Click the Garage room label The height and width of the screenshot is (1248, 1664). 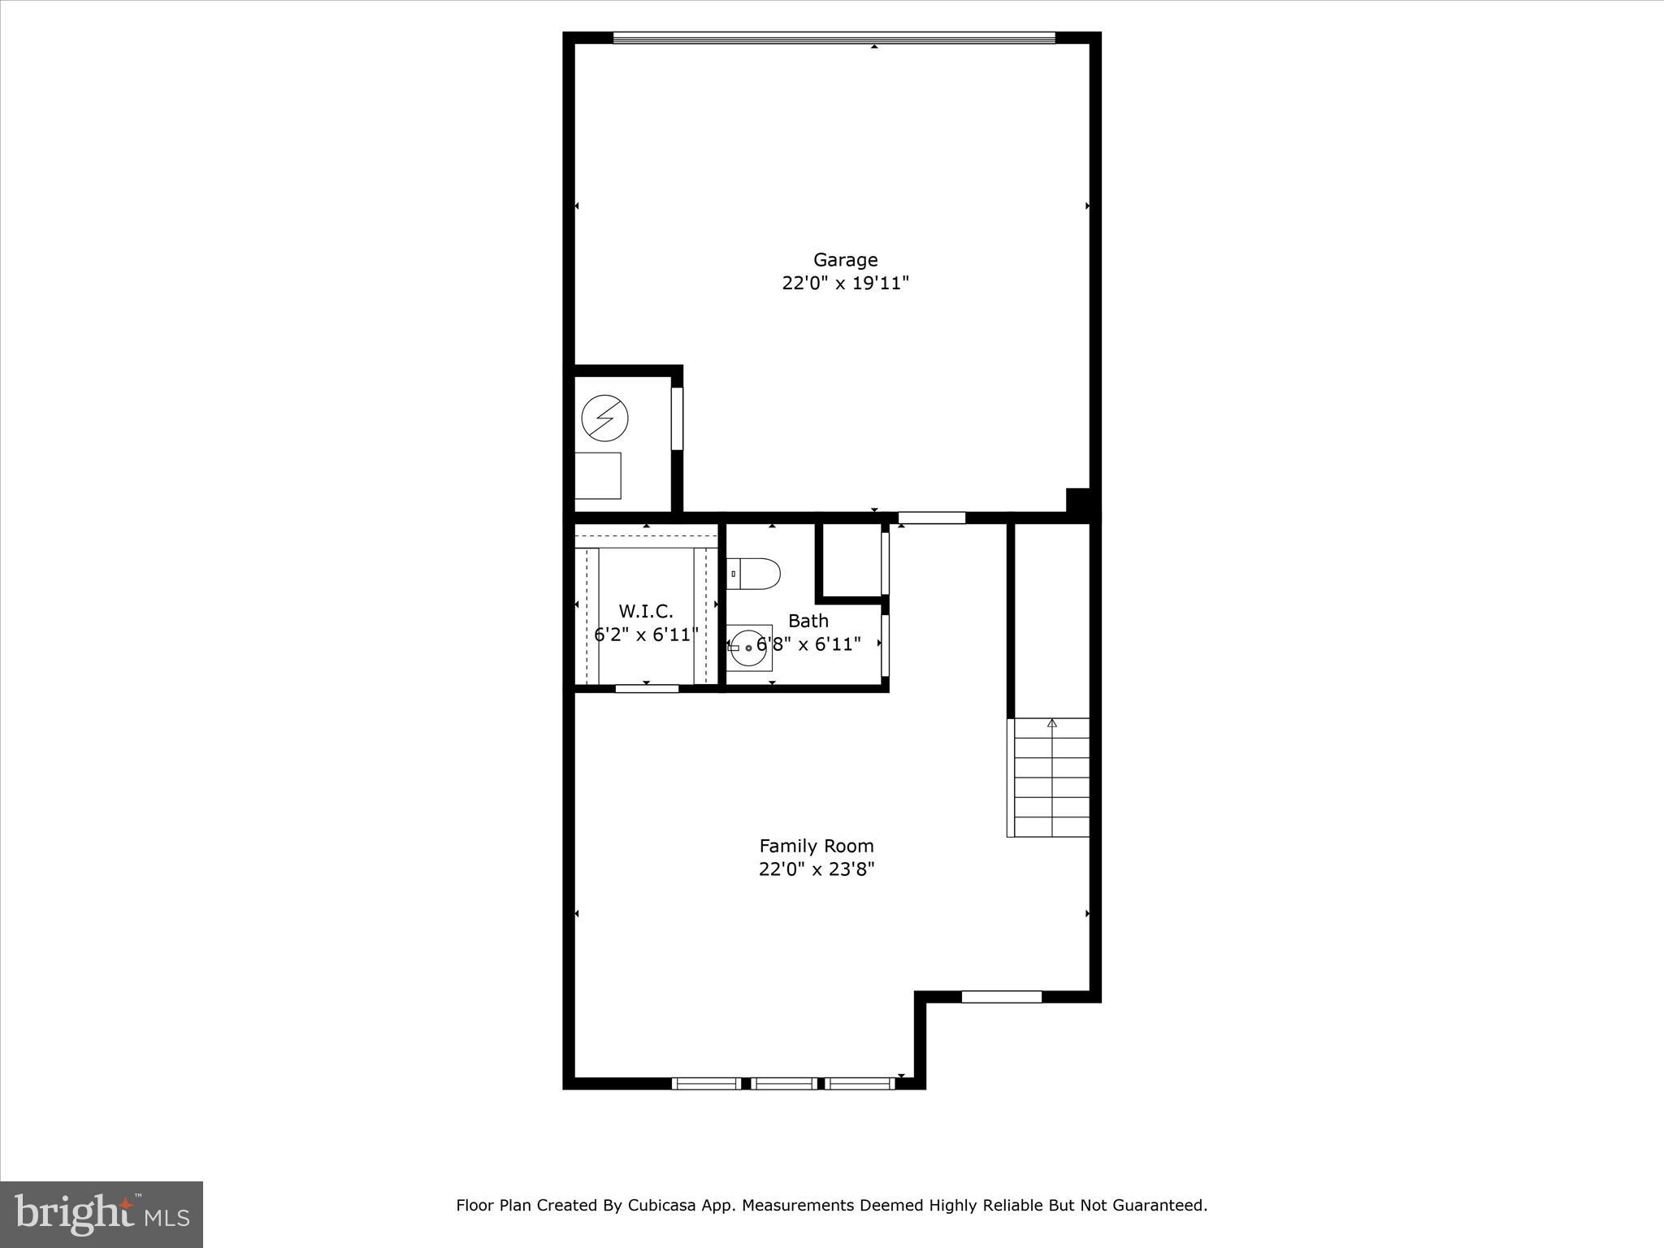pyautogui.click(x=845, y=260)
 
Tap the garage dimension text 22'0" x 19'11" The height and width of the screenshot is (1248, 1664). pyautogui.click(x=845, y=284)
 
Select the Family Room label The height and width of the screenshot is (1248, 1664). pyautogui.click(x=816, y=846)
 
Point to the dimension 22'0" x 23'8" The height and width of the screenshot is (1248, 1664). pyautogui.click(x=816, y=869)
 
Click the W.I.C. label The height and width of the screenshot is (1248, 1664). pyautogui.click(x=646, y=612)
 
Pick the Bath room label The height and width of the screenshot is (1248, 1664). pyautogui.click(x=808, y=621)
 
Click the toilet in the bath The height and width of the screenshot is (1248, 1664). pyautogui.click(x=753, y=573)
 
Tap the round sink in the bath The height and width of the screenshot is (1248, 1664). pyautogui.click(x=747, y=648)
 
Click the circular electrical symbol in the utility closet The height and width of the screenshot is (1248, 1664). pyautogui.click(x=604, y=418)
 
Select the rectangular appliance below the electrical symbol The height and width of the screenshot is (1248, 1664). pyautogui.click(x=598, y=475)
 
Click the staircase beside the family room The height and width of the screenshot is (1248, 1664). pyautogui.click(x=1050, y=778)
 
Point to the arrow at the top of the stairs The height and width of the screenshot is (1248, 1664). pyautogui.click(x=1052, y=722)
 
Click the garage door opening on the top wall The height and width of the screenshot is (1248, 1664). pyautogui.click(x=834, y=37)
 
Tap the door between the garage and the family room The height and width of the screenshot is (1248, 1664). pyautogui.click(x=931, y=518)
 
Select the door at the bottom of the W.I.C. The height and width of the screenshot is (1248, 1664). pyautogui.click(x=647, y=689)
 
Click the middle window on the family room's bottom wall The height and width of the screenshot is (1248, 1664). pyautogui.click(x=783, y=1083)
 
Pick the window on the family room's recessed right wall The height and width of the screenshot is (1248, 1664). pyautogui.click(x=1001, y=997)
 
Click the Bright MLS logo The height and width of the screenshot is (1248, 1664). pyautogui.click(x=102, y=1214)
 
